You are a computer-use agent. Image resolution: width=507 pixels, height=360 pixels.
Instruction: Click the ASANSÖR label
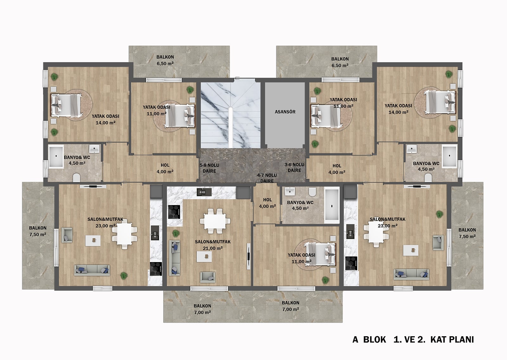coord(285,112)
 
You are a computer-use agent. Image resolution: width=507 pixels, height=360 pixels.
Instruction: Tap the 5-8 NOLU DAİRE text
coord(209,168)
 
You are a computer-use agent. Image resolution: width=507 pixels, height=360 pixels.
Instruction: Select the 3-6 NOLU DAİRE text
coord(294,168)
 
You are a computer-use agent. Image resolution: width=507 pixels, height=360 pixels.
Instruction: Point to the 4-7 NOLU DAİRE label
coord(267,178)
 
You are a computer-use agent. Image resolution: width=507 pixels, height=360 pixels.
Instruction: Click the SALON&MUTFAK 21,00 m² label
coord(213,245)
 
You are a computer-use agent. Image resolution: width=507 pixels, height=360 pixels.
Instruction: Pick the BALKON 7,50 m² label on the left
coord(38,231)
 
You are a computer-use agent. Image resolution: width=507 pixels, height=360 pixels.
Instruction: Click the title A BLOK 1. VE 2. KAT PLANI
coord(413,340)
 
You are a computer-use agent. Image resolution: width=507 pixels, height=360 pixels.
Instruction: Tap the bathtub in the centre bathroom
coord(332,205)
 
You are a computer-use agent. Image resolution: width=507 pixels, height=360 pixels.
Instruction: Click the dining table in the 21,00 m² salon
coord(215,221)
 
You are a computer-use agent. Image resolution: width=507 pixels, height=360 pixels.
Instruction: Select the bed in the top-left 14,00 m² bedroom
coord(66,106)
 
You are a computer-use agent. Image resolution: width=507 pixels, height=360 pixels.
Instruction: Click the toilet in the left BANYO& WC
coord(76,178)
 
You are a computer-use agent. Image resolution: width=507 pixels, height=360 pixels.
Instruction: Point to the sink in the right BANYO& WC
coord(412,149)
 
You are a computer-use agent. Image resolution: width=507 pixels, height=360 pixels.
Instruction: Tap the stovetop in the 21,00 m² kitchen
coord(174,212)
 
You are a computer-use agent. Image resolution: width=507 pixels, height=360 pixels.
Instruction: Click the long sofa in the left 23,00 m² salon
coord(92,270)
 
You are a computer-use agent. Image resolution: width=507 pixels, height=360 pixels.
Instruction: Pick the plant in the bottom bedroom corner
coord(325,280)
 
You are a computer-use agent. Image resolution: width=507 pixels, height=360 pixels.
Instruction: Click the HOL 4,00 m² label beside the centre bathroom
coord(267,203)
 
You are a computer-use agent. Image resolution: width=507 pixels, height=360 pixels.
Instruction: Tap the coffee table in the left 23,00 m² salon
coord(93,241)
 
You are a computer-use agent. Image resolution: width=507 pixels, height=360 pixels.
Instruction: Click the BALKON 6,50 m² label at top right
coord(340,62)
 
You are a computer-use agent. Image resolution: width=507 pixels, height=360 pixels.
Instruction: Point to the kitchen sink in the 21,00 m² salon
coord(204,192)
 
